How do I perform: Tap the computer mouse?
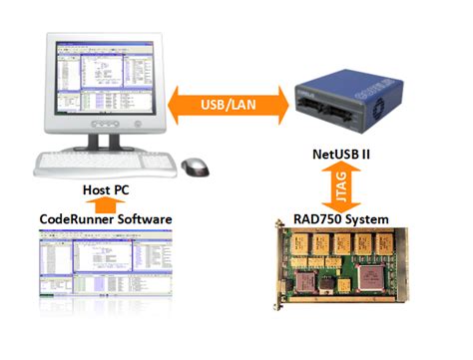pos(198,164)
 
